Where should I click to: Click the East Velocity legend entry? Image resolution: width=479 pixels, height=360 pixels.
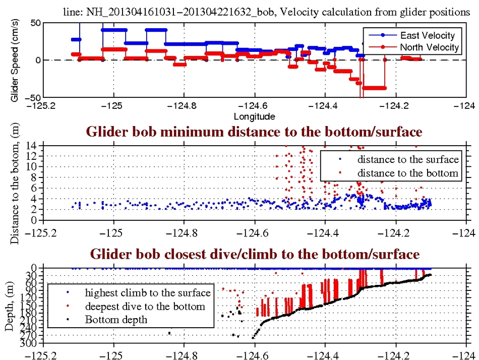click(x=427, y=35)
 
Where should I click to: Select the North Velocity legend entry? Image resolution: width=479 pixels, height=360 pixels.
click(x=429, y=47)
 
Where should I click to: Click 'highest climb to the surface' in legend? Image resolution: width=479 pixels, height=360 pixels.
click(x=147, y=292)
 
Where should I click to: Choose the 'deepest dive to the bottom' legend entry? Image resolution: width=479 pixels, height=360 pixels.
click(x=145, y=306)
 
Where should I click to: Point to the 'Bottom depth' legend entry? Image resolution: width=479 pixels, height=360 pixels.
click(x=116, y=319)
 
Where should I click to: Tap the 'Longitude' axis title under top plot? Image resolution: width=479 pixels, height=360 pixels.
click(x=255, y=116)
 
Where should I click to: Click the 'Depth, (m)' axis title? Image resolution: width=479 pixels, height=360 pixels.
click(x=10, y=306)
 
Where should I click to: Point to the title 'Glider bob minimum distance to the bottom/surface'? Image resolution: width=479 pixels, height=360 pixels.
click(x=255, y=132)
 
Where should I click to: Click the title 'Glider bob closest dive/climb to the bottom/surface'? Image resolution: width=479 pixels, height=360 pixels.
click(x=255, y=254)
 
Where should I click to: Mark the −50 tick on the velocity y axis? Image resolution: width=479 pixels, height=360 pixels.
click(x=31, y=97)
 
